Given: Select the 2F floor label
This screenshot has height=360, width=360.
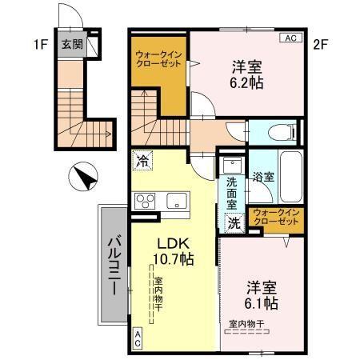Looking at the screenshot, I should pyautogui.click(x=320, y=45).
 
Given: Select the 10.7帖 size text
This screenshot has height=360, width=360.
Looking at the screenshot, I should pyautogui.click(x=174, y=259).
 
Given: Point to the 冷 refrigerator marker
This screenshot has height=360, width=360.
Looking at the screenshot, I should pyautogui.click(x=142, y=160).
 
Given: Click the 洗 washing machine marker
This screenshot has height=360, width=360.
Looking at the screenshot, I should pyautogui.click(x=234, y=223).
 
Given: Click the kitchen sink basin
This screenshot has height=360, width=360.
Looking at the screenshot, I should pyautogui.click(x=175, y=200).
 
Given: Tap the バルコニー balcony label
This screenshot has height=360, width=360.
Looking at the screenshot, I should pyautogui.click(x=114, y=264).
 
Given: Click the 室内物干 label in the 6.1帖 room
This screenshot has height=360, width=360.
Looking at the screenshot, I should pyautogui.click(x=247, y=323).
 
